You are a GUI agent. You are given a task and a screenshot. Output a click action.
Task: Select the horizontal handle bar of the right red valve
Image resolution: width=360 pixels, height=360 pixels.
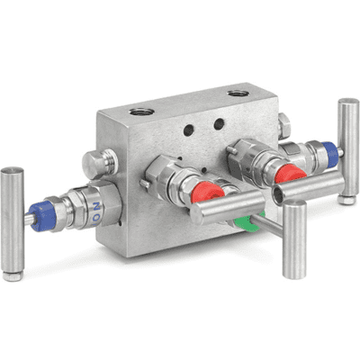(x=310, y=186)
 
